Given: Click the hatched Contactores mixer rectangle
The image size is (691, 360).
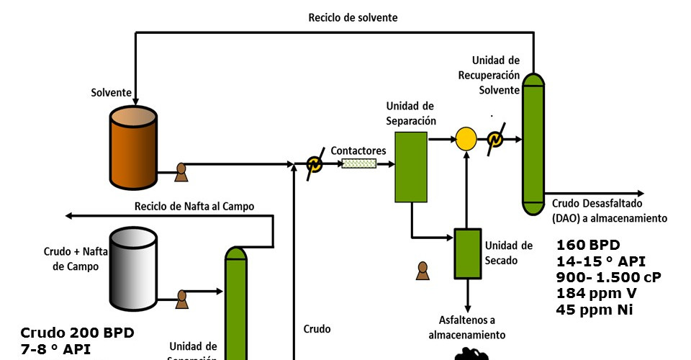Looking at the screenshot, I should point(359,163).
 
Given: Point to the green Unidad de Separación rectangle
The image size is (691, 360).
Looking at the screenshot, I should point(411,166).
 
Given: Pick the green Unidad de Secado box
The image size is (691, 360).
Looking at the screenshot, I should point(467,253).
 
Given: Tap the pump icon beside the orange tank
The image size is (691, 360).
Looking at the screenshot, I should point(181,172).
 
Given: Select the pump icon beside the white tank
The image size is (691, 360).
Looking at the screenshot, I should point(181,297).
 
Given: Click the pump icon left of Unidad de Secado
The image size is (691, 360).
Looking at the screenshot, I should point(423,271).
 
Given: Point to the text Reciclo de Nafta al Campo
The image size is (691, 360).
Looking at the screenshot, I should point(194,207).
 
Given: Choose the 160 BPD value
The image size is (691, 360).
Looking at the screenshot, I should point(588,244).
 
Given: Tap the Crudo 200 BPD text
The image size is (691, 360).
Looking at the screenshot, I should point(77,333).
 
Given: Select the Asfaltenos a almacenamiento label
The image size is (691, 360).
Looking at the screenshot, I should point(467,327).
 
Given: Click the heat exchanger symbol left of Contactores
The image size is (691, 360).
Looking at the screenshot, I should point(314,165).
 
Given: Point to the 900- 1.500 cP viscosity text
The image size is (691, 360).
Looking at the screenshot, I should point(608,277).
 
